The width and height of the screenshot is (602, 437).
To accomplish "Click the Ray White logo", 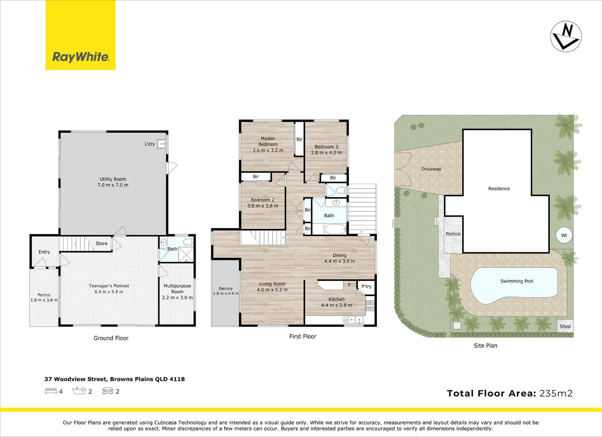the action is [x=80, y=35].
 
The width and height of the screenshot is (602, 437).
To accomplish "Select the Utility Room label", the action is [x=113, y=179].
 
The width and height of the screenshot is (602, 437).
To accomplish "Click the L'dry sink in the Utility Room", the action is [x=162, y=144].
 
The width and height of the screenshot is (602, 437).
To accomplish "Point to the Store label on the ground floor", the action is [x=101, y=243].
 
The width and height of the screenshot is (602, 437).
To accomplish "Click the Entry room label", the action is [x=44, y=252].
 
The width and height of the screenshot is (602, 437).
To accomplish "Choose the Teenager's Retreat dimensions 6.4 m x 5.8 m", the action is [x=109, y=292].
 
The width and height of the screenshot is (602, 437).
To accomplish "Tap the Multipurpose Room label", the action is [x=177, y=289].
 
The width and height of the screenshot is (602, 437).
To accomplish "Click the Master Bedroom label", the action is [x=268, y=141].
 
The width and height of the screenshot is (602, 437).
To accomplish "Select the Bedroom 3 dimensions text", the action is [x=326, y=153].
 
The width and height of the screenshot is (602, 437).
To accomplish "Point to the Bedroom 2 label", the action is [x=263, y=200].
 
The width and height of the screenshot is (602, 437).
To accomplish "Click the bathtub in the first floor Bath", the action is [x=335, y=229].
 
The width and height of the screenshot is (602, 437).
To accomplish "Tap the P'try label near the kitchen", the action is [x=366, y=286].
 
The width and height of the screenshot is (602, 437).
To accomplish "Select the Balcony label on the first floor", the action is [x=225, y=289].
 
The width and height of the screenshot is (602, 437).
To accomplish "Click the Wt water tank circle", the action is [x=564, y=235].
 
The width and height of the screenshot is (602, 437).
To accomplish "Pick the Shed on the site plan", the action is [x=565, y=326].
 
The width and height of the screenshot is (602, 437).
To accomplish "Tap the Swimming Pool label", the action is [x=517, y=281].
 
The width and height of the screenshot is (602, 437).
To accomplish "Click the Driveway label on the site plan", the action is [x=431, y=169].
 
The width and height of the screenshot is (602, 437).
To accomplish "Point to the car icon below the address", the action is [x=108, y=391].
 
